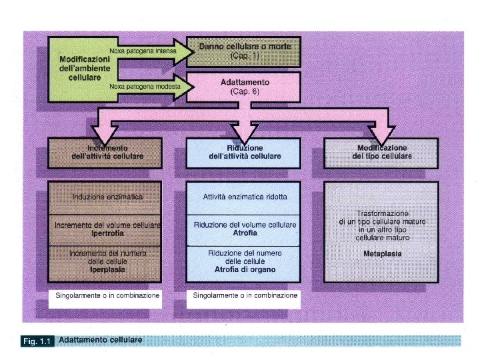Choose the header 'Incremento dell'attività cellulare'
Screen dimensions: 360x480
click(x=107, y=151)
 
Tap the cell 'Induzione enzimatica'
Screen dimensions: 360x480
click(x=107, y=197)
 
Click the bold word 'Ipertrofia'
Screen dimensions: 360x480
click(x=107, y=233)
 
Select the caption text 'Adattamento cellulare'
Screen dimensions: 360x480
click(x=101, y=340)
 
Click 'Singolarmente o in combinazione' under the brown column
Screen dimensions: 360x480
click(x=106, y=295)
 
